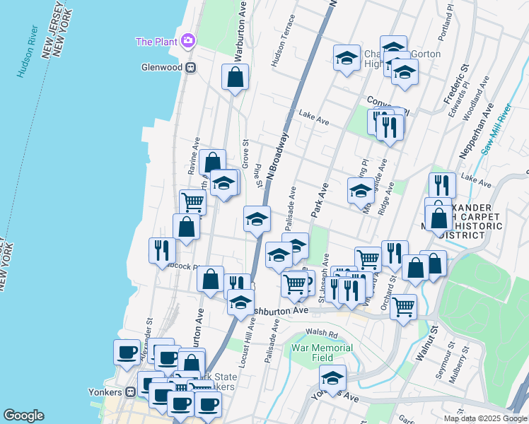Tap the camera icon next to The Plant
[x=187, y=41]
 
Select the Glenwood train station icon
[x=190, y=68]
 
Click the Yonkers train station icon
[x=130, y=392]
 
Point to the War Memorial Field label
[x=322, y=353]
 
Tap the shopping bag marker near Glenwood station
[x=236, y=78]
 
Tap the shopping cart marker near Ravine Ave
[x=192, y=202]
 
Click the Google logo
[x=23, y=416]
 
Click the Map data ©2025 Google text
[x=485, y=418]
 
